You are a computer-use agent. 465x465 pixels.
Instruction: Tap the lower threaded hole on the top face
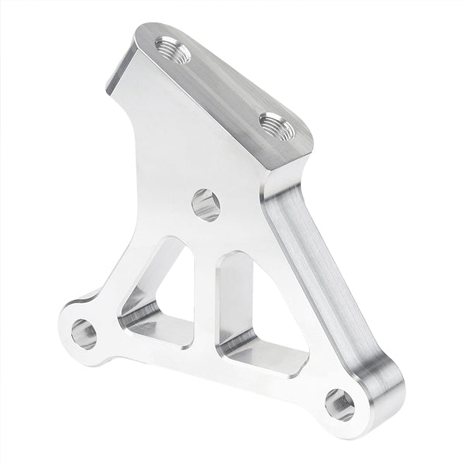pos(277,126)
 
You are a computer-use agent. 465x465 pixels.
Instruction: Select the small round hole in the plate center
pos(205,205)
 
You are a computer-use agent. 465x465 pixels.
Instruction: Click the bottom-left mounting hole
pos(84,333)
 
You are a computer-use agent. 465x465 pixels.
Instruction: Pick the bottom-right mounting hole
pos(339,404)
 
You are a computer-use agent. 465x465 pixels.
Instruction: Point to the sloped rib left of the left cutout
pos(128,279)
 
